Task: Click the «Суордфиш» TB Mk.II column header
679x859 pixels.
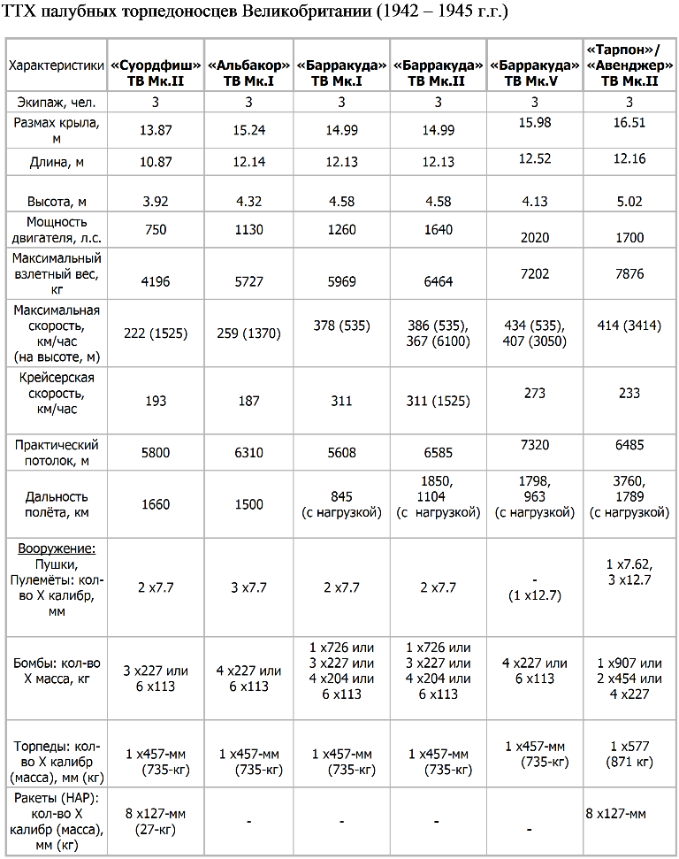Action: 156,73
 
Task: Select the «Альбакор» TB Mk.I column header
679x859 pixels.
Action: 248,73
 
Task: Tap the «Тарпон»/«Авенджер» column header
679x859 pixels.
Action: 629,65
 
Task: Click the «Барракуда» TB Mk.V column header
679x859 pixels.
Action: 534,73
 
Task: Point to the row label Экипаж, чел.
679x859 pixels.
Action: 57,103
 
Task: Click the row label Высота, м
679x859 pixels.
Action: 57,202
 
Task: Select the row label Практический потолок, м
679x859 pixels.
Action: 57,453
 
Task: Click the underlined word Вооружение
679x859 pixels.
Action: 57,548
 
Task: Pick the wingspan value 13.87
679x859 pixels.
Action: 156,130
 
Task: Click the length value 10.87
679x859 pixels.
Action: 156,162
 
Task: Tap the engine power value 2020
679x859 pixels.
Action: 534,238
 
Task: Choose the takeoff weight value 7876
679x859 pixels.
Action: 629,274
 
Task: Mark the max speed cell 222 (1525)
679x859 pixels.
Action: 156,334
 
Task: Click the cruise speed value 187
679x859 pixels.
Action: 248,401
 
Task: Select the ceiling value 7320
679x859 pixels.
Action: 534,445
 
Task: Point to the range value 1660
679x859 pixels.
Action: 156,504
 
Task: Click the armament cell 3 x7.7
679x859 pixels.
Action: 248,587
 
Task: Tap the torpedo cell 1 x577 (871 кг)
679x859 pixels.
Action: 629,755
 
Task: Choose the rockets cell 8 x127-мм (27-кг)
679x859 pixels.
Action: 156,822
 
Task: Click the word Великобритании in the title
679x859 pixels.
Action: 307,11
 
